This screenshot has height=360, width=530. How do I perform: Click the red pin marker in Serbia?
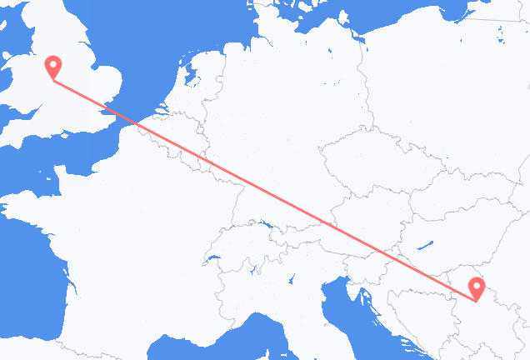coord(477,288)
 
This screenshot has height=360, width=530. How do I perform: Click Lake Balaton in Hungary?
coord(426,247)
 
